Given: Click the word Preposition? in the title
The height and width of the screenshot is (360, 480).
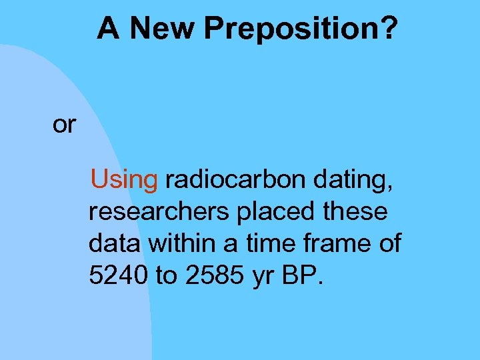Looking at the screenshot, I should (301, 28).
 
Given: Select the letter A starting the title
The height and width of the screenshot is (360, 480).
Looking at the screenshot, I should (109, 28).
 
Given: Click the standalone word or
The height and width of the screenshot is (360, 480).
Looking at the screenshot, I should (64, 125).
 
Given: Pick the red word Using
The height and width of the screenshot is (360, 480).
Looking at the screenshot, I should (124, 179).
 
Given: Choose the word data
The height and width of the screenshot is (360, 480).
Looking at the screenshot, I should (114, 244).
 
